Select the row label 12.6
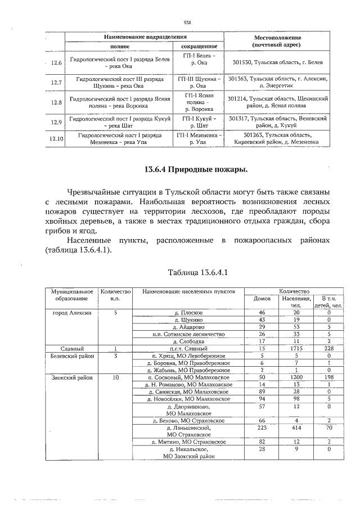click(x=56, y=62)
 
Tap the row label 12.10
click(x=56, y=138)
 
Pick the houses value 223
click(x=261, y=427)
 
